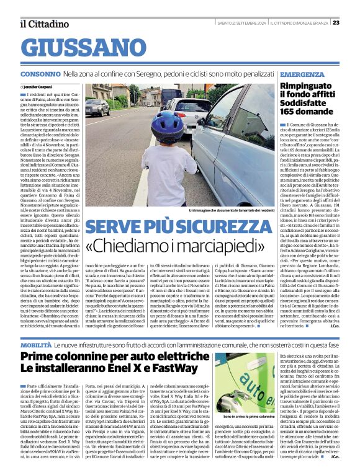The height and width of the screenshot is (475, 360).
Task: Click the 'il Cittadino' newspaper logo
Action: click(44, 24)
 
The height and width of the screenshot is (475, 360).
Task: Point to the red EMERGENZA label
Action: click(285, 73)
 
